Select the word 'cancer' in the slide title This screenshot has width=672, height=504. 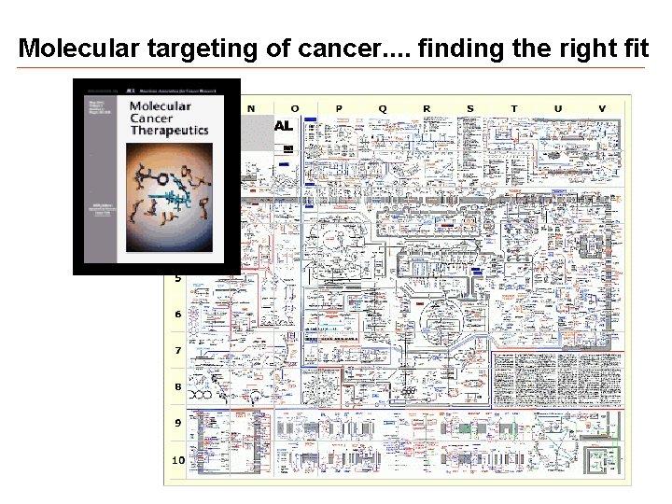[x=333, y=48]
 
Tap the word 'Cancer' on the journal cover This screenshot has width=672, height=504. [x=151, y=119]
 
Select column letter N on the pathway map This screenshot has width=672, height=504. [x=250, y=108]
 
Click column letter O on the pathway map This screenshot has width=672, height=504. [x=295, y=108]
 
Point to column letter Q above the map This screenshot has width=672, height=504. [x=382, y=108]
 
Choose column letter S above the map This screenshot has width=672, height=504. [x=469, y=108]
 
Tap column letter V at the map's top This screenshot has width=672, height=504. [x=602, y=108]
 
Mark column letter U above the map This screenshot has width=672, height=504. [x=558, y=108]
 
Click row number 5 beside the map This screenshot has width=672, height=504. [x=177, y=277]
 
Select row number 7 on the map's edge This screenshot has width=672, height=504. [x=177, y=350]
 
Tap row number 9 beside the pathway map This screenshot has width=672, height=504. [x=177, y=423]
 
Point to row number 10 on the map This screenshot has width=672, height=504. [x=177, y=459]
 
